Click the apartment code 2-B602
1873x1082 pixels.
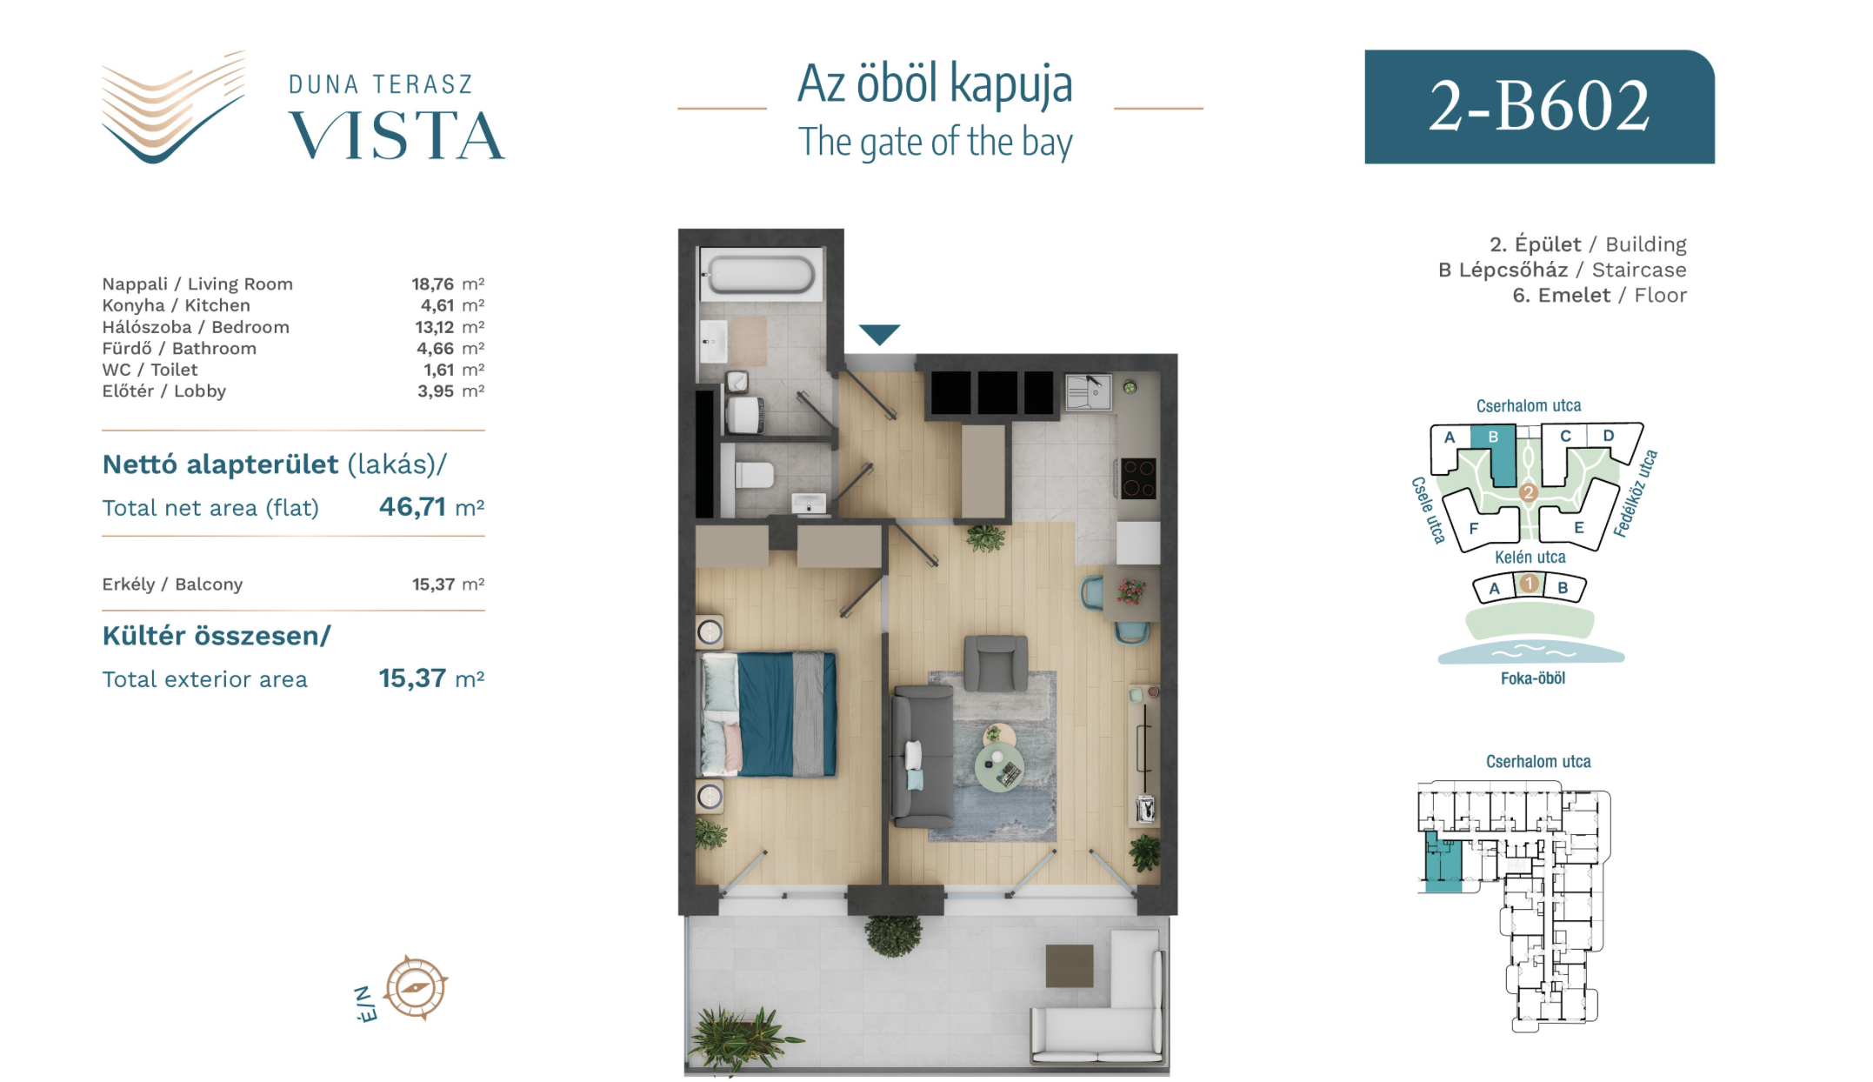[1539, 106]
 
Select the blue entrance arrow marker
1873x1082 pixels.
[879, 334]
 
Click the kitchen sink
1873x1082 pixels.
[1088, 392]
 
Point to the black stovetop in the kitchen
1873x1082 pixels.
[1138, 478]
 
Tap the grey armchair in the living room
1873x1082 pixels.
[996, 663]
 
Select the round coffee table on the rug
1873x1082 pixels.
[1000, 766]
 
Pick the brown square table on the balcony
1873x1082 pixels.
[1069, 965]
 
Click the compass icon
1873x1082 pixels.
[416, 987]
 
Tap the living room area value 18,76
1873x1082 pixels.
[433, 284]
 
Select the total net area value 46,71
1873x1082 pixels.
[412, 507]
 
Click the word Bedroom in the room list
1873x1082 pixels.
[250, 327]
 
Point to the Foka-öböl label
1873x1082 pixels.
[1532, 678]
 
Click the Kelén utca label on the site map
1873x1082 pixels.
[1530, 558]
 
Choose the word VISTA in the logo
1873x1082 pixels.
[397, 137]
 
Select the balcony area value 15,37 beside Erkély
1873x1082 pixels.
[433, 584]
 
